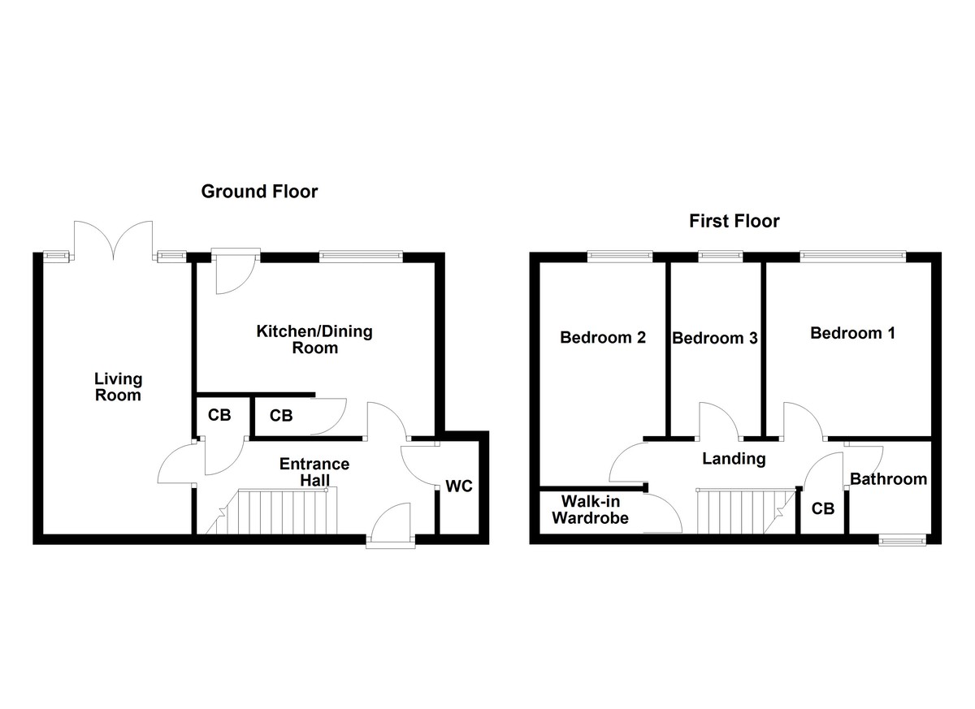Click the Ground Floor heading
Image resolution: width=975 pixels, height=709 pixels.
[x=259, y=192]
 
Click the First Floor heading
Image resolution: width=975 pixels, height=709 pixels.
[x=734, y=221]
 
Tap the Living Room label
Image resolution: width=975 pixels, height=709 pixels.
[x=118, y=387]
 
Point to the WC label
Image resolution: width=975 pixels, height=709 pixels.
[x=459, y=487]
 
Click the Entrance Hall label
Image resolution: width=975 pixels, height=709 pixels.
[x=314, y=472]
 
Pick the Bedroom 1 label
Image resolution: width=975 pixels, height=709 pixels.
[x=852, y=333]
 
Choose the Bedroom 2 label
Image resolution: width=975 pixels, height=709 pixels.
[x=603, y=337]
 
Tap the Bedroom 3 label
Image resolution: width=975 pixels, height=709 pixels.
[x=715, y=338]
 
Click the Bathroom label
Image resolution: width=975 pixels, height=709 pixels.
[x=889, y=479]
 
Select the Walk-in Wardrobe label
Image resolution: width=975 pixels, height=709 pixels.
[x=591, y=509]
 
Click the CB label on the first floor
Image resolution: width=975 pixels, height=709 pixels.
[x=823, y=509]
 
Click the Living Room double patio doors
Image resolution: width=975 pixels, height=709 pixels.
[x=113, y=240]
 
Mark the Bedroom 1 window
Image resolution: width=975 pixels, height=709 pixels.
[x=851, y=256]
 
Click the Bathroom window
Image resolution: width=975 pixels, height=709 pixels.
[x=904, y=539]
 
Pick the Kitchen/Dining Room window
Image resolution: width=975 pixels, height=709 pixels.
[x=361, y=256]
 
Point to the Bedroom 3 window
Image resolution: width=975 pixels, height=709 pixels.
[x=720, y=256]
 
